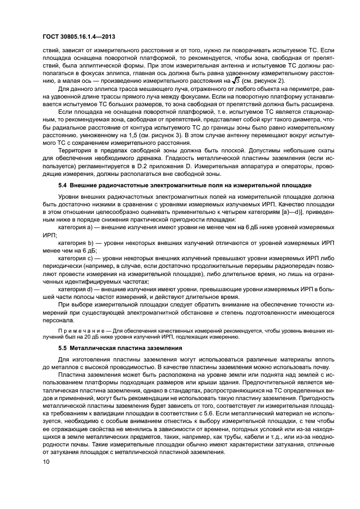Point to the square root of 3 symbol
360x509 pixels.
click(236, 81)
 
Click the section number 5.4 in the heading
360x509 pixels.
click(64, 186)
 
